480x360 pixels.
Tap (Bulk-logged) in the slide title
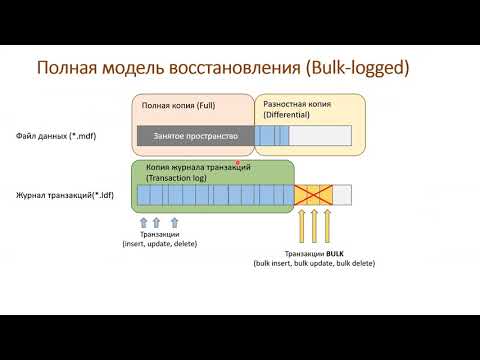tap(342, 69)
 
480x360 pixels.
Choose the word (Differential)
tap(288, 115)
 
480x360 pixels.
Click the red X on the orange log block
tap(314, 195)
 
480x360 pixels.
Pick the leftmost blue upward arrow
tap(142, 220)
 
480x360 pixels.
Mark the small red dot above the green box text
tap(238, 163)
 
